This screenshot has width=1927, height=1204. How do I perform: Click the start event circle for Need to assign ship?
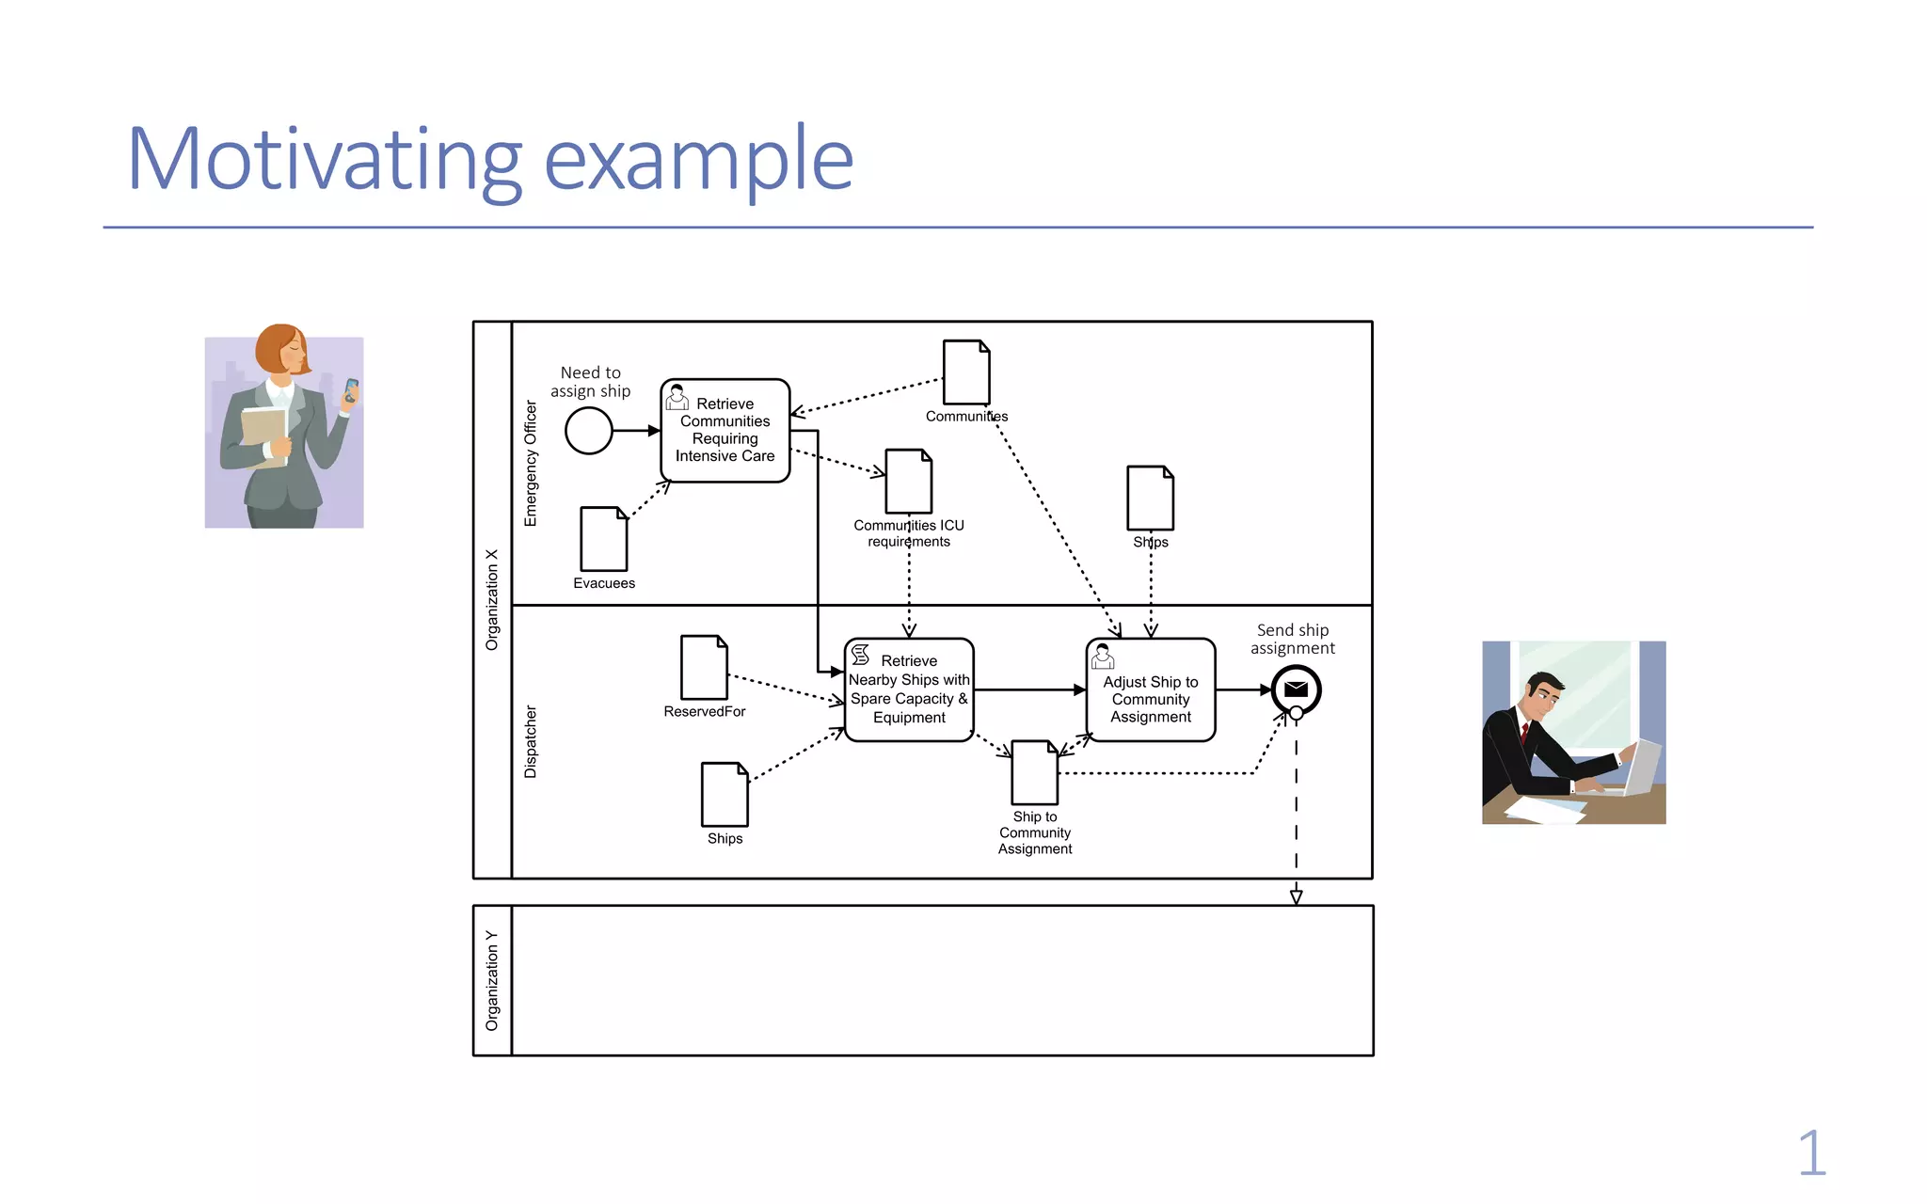[589, 431]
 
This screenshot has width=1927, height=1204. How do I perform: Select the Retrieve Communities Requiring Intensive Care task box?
[725, 431]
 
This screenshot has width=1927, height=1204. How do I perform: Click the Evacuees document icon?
[604, 539]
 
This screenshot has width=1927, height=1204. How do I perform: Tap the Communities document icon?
[966, 372]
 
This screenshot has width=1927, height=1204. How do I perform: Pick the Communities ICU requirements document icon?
[909, 482]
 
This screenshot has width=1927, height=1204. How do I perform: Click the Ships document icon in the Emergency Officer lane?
[1150, 498]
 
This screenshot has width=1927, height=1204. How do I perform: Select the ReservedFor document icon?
[704, 667]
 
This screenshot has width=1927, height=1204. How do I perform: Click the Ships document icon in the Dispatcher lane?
[725, 795]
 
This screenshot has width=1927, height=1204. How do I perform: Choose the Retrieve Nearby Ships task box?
[909, 690]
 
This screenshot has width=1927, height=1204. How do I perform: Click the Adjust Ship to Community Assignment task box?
[1151, 690]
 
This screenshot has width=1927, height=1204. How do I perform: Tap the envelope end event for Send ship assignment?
[1296, 689]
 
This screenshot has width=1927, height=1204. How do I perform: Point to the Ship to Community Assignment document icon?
[1035, 772]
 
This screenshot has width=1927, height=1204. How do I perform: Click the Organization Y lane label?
[492, 980]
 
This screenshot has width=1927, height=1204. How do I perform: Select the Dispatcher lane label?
[531, 742]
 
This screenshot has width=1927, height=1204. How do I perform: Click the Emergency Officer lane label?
[531, 464]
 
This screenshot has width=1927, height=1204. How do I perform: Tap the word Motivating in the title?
[324, 160]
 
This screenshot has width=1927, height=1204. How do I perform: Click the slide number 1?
[1811, 1153]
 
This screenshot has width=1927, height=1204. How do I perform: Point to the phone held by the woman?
[351, 388]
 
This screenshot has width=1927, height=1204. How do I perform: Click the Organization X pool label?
[492, 600]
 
